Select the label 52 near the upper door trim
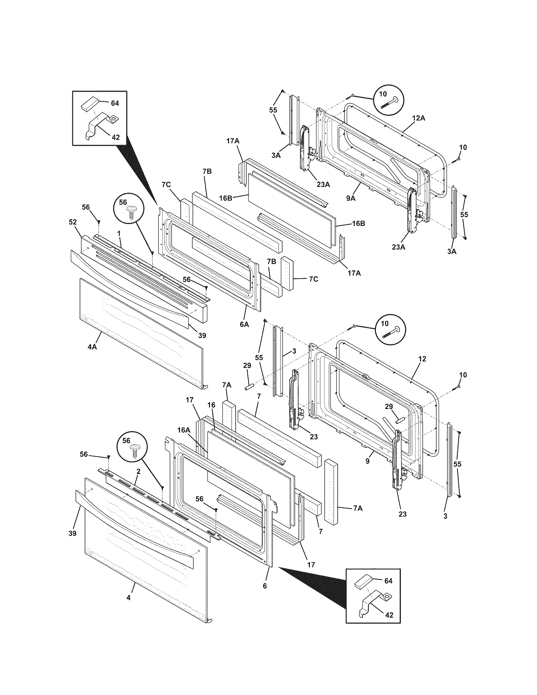[73, 222]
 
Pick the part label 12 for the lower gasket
[422, 359]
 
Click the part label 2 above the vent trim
[138, 480]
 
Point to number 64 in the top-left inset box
[115, 103]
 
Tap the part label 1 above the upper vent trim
[119, 233]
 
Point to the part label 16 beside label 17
[211, 405]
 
